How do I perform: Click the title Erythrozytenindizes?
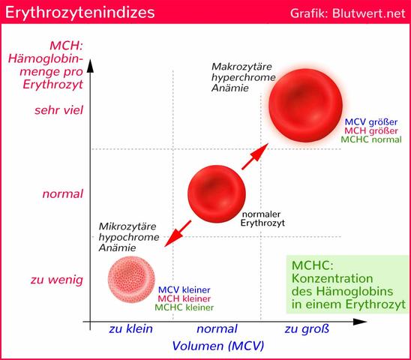[x=73, y=13]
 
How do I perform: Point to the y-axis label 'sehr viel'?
[x=58, y=111]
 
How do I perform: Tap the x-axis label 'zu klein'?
[x=130, y=328]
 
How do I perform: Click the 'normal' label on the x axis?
[x=217, y=328]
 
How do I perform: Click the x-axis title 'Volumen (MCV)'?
[x=218, y=346]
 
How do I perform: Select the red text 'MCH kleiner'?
[x=184, y=298]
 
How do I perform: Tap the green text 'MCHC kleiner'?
[x=184, y=307]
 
